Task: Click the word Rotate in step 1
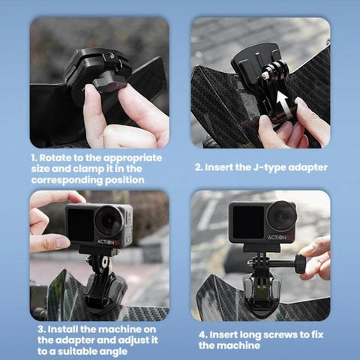point(61,159)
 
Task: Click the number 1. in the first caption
point(35,159)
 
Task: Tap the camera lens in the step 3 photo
point(109,220)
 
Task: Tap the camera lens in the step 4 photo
point(281,218)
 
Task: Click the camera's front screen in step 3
point(79,222)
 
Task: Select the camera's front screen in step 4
point(247,220)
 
